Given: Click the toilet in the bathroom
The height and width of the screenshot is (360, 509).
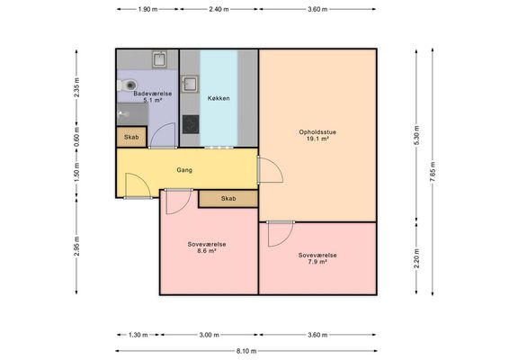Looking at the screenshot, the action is [127, 85].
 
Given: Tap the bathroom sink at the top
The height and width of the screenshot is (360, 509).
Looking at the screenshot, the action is [159, 59].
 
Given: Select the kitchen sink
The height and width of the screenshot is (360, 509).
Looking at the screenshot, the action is [190, 85].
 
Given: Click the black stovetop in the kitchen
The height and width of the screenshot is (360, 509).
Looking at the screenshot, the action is [191, 124].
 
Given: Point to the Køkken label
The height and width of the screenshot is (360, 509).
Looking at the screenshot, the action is [219, 98].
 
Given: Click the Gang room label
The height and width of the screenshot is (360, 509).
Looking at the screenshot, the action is [184, 170].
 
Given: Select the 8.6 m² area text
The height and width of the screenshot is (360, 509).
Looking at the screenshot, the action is [207, 251].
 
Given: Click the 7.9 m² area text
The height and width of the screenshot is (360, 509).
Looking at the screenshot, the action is [317, 262].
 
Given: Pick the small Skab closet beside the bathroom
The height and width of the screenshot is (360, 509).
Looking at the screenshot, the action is [131, 137].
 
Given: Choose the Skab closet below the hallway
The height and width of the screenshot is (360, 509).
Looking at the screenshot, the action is [228, 199].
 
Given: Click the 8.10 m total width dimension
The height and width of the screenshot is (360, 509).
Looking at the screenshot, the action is [246, 351].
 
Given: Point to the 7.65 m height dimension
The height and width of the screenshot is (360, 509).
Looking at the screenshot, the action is [433, 172].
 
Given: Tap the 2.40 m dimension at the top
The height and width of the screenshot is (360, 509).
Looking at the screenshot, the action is [219, 9].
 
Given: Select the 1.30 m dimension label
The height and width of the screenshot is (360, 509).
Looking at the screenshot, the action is [138, 335].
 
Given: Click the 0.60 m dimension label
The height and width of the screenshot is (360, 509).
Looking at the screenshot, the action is [76, 136].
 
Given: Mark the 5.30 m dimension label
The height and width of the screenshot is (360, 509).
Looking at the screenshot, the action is [416, 135].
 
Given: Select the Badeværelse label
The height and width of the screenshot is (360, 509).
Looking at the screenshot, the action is [153, 94].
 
